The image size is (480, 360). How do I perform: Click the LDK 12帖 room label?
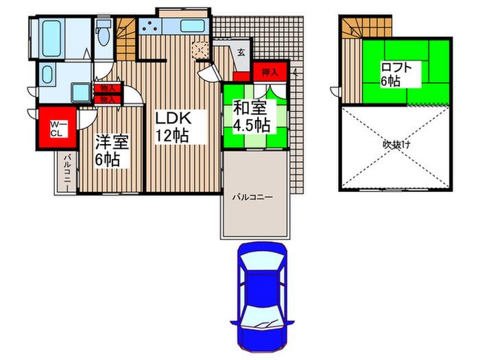(x=173, y=126)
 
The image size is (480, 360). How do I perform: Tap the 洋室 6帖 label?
(x=111, y=150)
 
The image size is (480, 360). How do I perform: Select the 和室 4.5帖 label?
(x=252, y=117)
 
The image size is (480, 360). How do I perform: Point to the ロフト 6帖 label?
(x=396, y=74)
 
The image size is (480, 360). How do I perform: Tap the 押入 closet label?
(x=269, y=72)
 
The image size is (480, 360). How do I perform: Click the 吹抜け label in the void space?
(x=396, y=145)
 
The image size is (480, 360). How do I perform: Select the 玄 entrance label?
(x=241, y=52)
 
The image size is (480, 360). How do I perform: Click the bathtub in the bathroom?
(x=51, y=38)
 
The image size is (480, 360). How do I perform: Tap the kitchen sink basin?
(x=192, y=26)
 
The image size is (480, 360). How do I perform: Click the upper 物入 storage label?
(x=108, y=88)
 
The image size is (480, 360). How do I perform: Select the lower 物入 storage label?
(x=108, y=99)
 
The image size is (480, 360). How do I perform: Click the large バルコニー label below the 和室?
(x=252, y=197)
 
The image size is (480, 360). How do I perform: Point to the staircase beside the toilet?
(x=125, y=39)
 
